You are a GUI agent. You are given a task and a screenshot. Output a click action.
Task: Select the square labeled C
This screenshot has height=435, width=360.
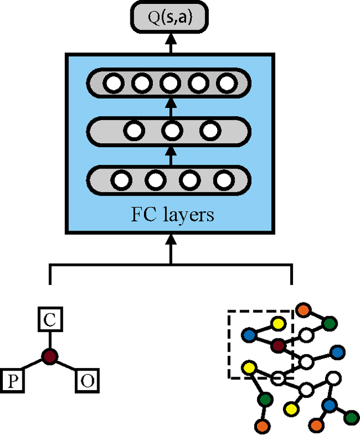coord(50,321)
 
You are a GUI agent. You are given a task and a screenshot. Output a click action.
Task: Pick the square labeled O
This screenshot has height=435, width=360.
coord(87,381)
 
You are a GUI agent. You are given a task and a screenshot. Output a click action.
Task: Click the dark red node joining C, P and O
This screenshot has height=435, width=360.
coord(50,355)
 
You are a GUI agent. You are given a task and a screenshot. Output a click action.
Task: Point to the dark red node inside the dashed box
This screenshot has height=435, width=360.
coord(277,346)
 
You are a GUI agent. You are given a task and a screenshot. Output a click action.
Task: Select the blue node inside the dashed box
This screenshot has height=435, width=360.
coord(249,335)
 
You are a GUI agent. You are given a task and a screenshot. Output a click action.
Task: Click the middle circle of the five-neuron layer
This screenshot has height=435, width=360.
coord(169,84)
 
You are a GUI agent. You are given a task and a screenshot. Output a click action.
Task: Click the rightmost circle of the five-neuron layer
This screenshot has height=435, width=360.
coord(226,84)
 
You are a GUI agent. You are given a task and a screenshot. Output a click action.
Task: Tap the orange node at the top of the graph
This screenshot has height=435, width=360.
coord(304,310)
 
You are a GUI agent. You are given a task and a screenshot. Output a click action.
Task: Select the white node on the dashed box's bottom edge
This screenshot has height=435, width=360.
coord(277,378)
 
